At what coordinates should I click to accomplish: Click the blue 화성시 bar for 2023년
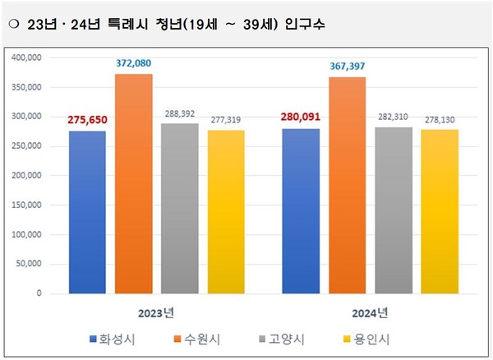click(87, 212)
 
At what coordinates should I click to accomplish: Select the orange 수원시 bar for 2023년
click(133, 184)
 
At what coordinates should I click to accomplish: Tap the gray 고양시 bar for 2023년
click(179, 209)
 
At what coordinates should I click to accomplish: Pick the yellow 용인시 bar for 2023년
click(225, 212)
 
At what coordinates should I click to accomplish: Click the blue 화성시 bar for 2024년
click(301, 211)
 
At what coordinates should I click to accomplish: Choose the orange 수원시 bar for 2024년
click(347, 186)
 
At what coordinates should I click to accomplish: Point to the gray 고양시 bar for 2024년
click(394, 210)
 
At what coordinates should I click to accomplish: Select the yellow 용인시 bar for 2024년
click(440, 212)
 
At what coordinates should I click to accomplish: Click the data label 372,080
click(133, 63)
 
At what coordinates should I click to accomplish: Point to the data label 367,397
click(347, 67)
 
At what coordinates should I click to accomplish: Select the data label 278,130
click(440, 120)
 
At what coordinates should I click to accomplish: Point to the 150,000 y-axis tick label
click(30, 205)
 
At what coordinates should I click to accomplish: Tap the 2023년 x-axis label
click(156, 312)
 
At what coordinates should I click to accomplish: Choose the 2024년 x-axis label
click(370, 312)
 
